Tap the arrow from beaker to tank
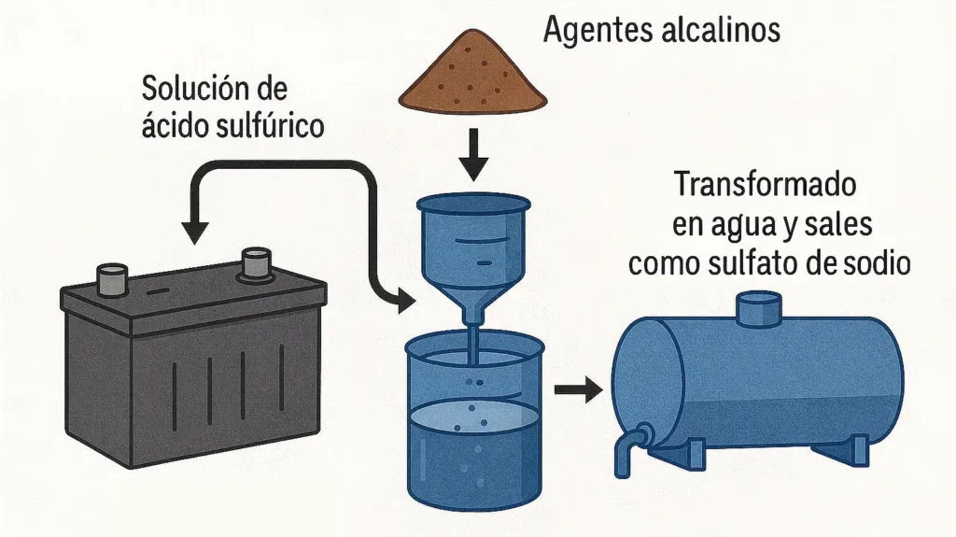pyautogui.click(x=579, y=390)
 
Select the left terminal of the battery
pyautogui.click(x=112, y=277)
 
